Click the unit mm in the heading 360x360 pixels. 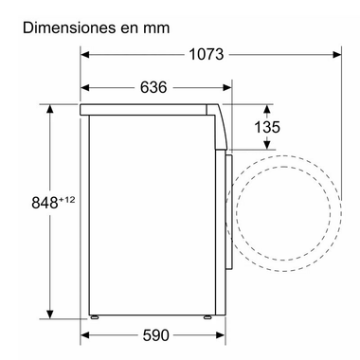[x=156, y=27]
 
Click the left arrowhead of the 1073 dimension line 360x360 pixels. [x=83, y=55]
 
